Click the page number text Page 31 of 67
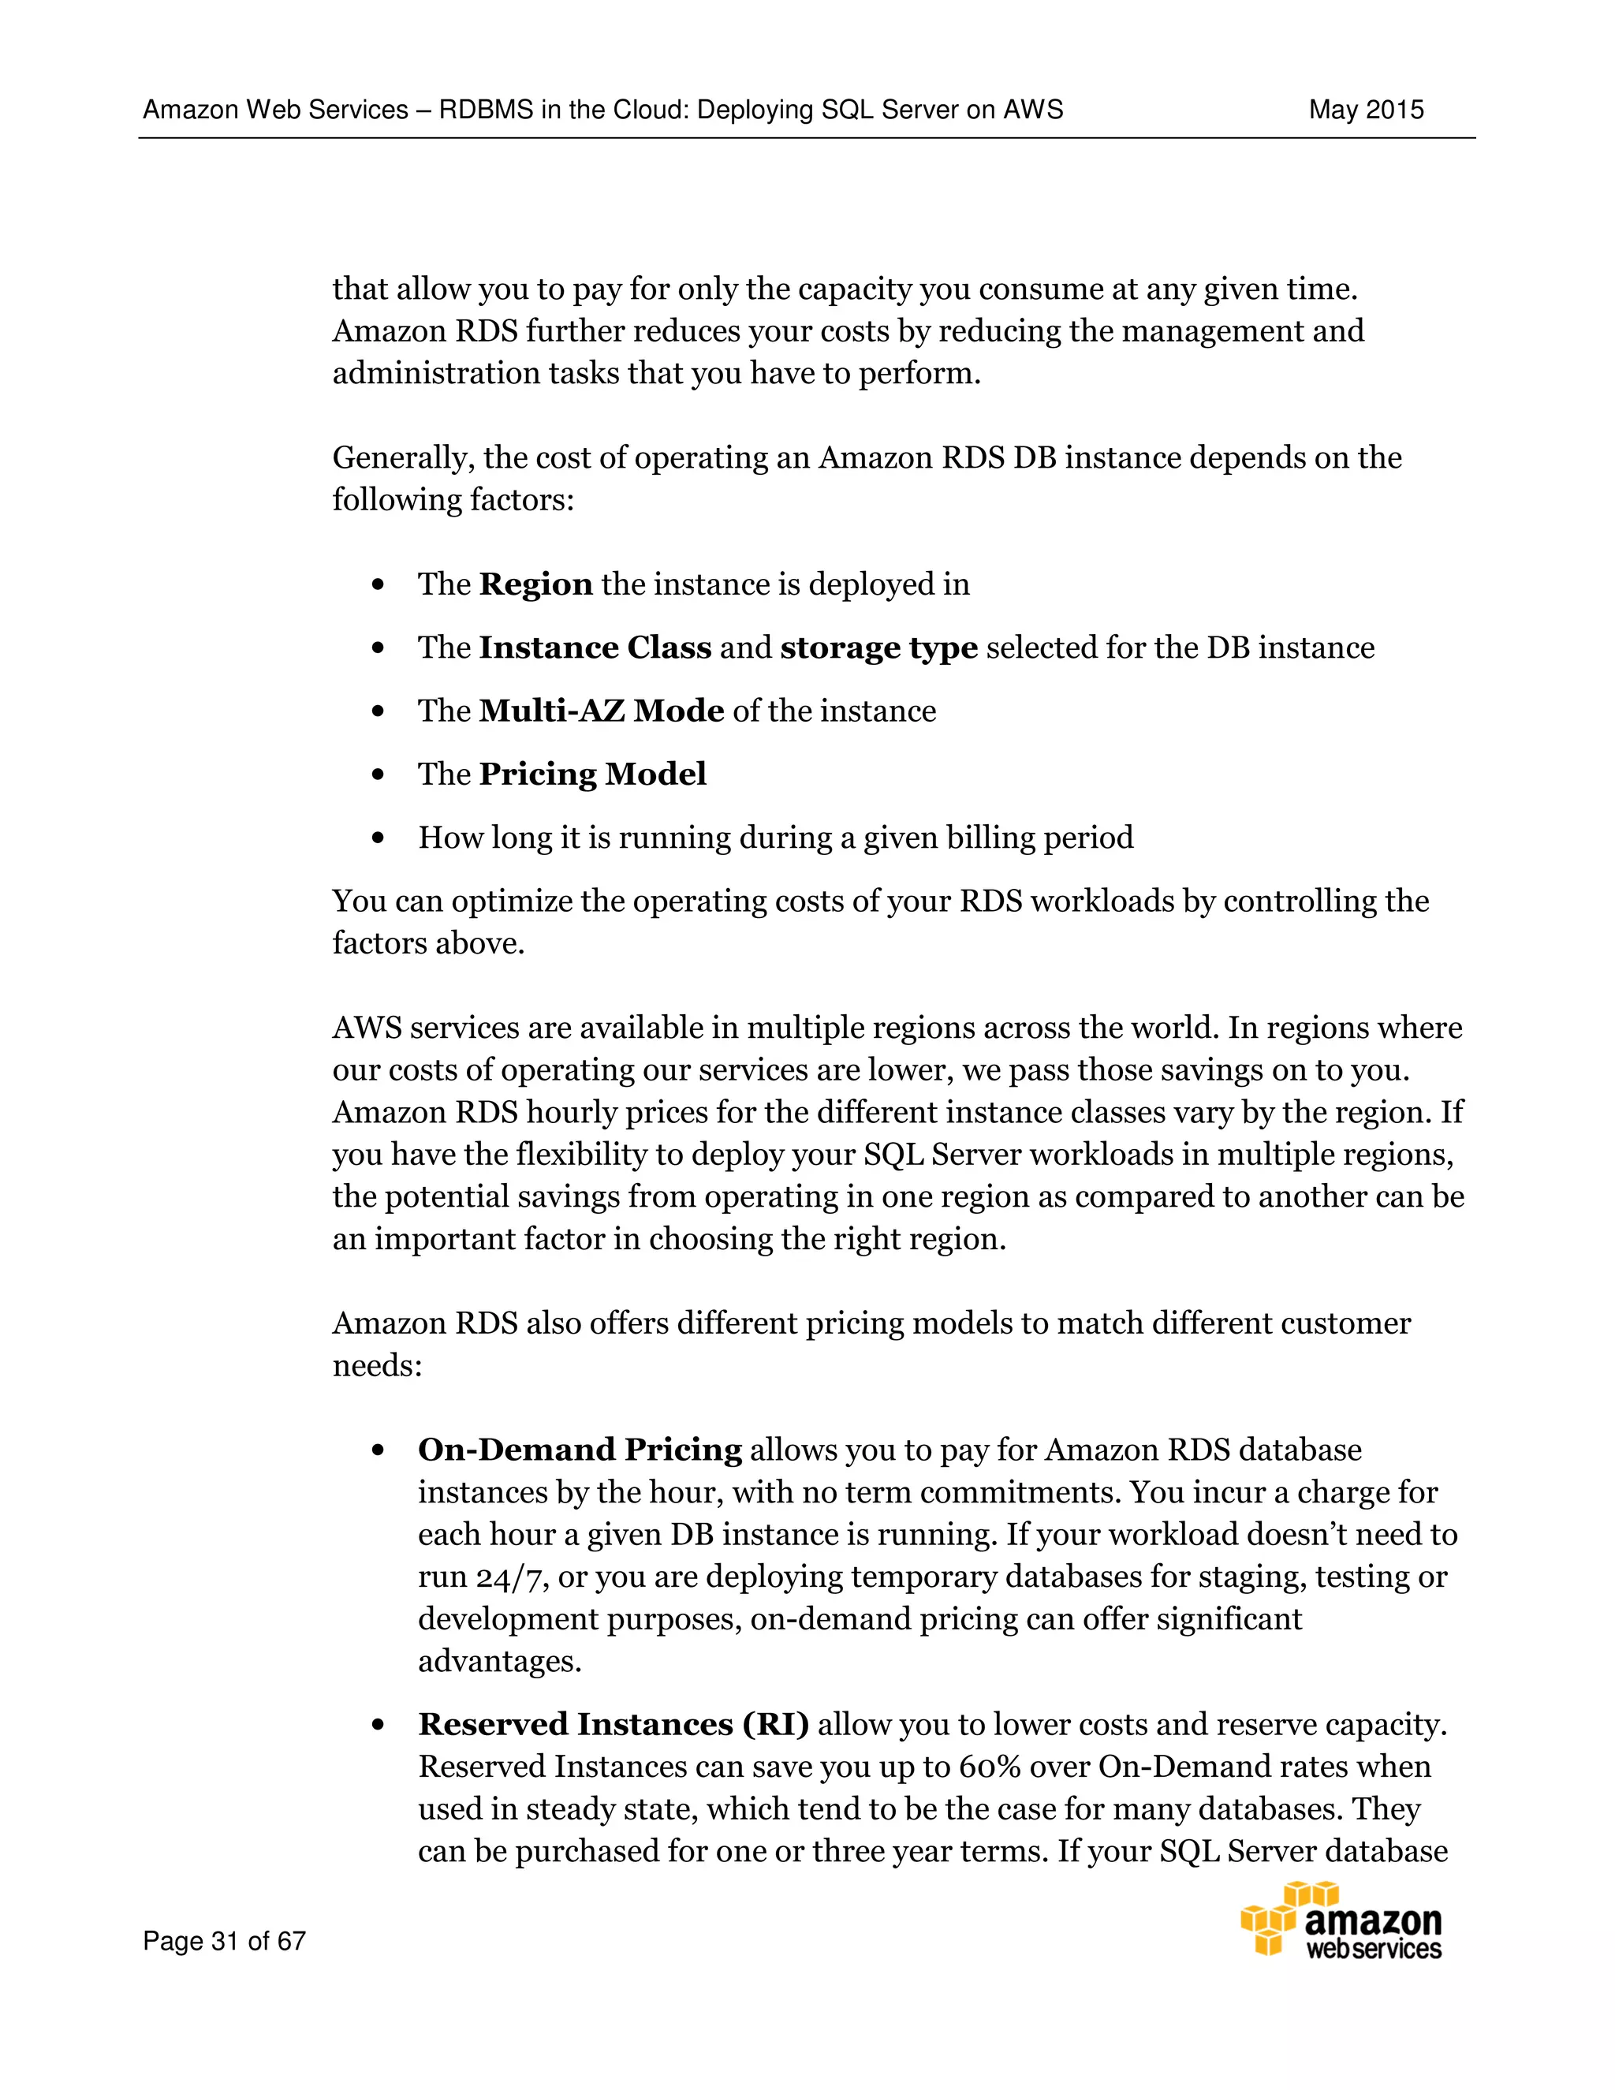224,1941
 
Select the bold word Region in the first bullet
535,584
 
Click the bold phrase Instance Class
595,648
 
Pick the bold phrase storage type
878,648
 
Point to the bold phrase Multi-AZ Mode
601,711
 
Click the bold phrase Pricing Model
592,774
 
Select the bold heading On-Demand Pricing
580,1450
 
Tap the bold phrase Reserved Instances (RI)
614,1724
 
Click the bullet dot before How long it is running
378,838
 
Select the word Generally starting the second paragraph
404,458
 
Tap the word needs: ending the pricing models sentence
377,1365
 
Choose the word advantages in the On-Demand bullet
499,1661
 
